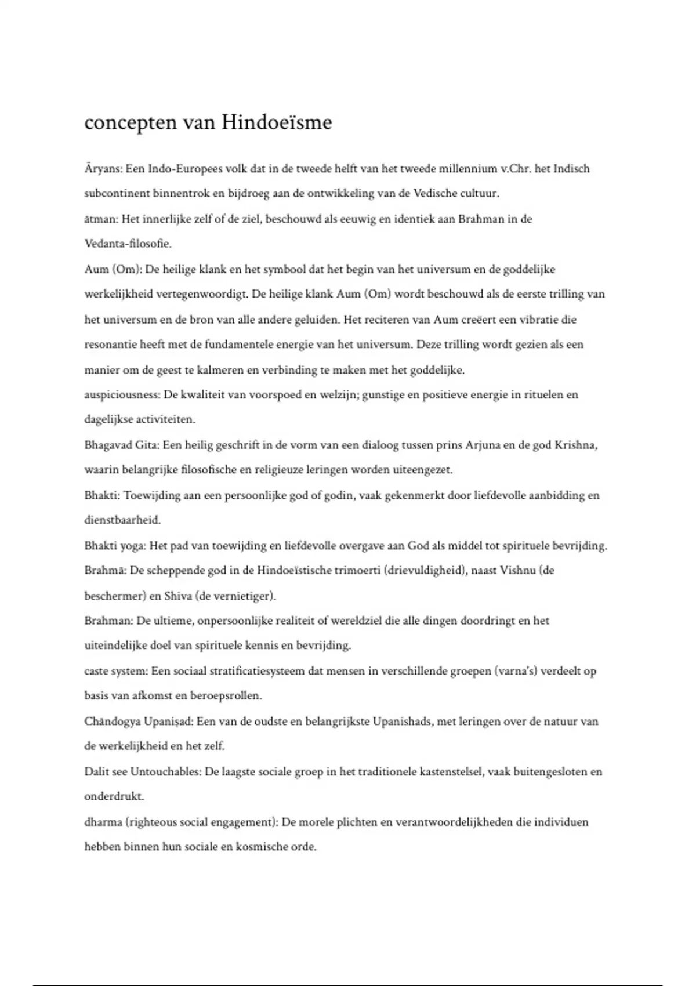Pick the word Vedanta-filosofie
(x=128, y=244)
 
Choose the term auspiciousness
(x=121, y=395)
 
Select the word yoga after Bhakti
(x=134, y=546)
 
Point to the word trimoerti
(x=357, y=570)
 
